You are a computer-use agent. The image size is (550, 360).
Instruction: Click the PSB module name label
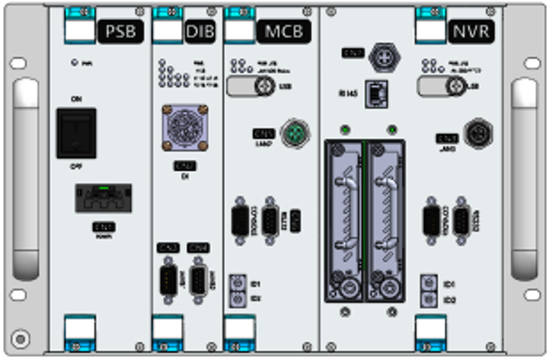120,31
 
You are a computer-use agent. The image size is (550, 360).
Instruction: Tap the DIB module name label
200,31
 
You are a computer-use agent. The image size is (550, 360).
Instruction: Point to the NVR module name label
472,31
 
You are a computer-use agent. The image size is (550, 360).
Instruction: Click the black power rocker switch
76,133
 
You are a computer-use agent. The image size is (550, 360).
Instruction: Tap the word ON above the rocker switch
76,99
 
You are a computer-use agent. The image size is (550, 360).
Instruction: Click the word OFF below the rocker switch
76,167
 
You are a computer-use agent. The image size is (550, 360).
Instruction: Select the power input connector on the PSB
103,198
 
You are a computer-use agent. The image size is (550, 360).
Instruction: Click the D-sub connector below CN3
169,281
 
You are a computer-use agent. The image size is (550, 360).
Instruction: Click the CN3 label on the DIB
168,248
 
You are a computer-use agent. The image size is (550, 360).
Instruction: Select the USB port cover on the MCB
250,86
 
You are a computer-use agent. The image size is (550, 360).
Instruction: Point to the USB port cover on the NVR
441,86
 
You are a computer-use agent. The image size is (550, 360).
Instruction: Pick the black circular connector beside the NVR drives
478,134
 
